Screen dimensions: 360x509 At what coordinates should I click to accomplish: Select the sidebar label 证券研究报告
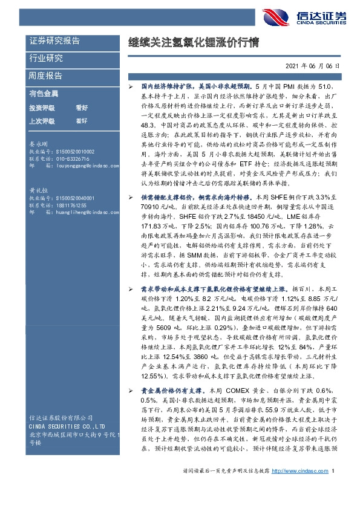(x=54, y=41)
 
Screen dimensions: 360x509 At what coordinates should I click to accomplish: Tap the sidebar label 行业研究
(x=46, y=59)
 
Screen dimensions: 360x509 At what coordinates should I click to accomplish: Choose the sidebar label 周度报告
(x=46, y=76)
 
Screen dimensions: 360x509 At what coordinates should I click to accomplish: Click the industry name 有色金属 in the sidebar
(x=44, y=94)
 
